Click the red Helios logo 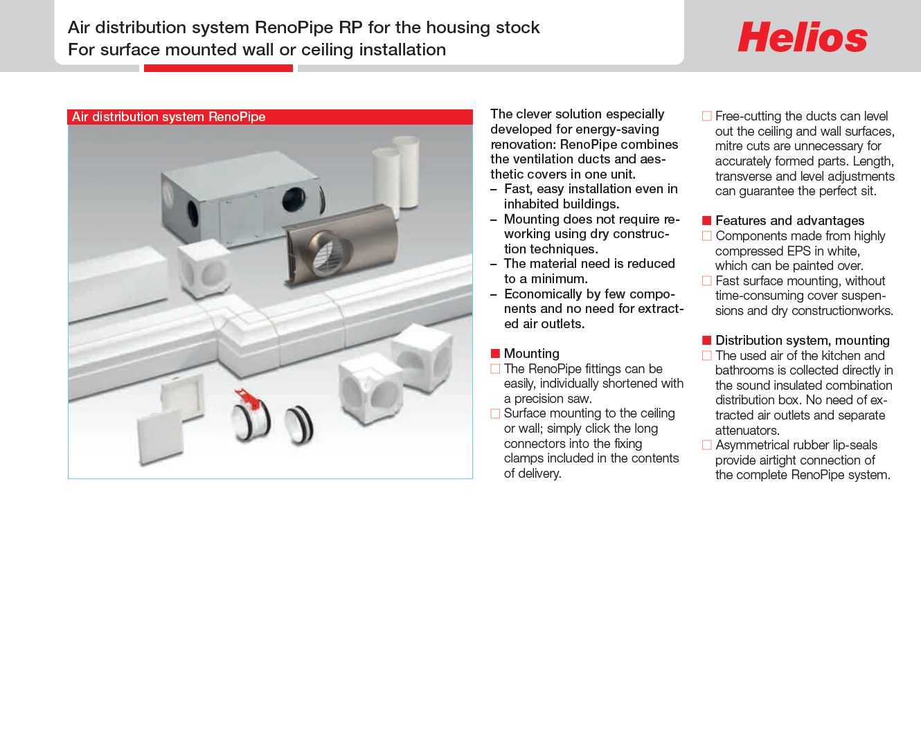point(802,37)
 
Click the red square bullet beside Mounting point(495,354)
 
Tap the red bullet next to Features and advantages point(706,221)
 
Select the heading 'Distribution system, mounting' point(802,341)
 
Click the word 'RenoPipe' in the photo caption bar point(237,117)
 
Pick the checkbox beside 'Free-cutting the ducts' point(706,116)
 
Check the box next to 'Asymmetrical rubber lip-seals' point(706,445)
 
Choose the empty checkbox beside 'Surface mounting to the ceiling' point(495,414)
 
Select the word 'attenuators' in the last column point(746,431)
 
